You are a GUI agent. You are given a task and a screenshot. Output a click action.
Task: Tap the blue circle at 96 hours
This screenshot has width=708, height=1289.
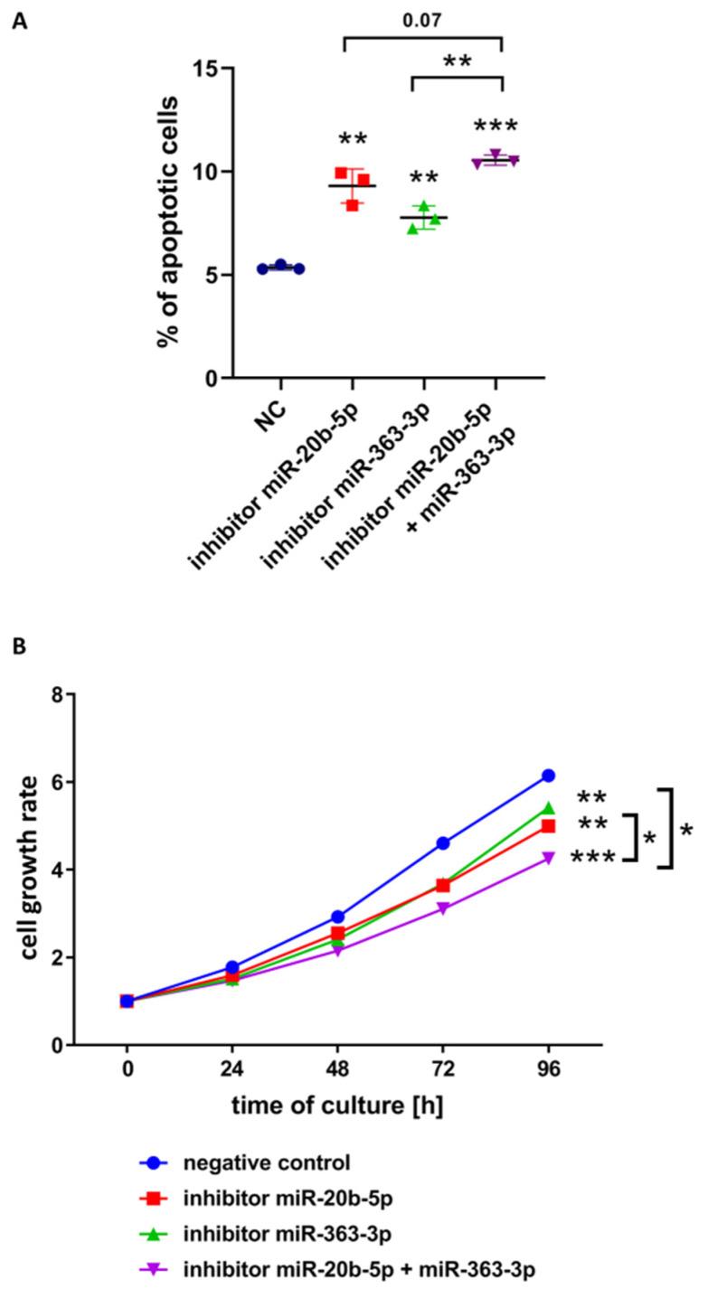548,776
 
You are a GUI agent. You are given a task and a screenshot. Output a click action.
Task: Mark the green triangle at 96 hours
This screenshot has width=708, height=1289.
548,807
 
